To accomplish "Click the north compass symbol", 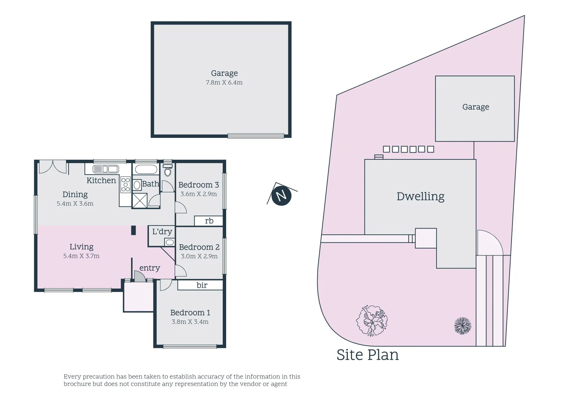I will pyautogui.click(x=281, y=195).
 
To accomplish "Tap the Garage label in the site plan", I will pyautogui.click(x=475, y=107).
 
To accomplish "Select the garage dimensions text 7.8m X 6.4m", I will pyautogui.click(x=224, y=82).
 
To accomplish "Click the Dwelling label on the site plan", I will pyautogui.click(x=420, y=196).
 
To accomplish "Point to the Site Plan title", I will pyautogui.click(x=368, y=355).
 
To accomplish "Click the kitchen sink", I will pyautogui.click(x=106, y=169).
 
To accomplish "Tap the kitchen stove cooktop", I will pyautogui.click(x=126, y=184).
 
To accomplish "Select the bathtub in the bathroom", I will pyautogui.click(x=146, y=169).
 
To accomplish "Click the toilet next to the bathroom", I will pyautogui.click(x=168, y=171).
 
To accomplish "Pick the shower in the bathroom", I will pyautogui.click(x=140, y=201).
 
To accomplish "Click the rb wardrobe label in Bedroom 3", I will pyautogui.click(x=209, y=221).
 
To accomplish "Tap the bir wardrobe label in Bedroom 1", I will pyautogui.click(x=202, y=285).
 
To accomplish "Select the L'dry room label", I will pyautogui.click(x=162, y=232).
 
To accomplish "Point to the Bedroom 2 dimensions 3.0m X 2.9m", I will pyautogui.click(x=199, y=256).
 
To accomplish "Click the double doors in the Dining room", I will pyautogui.click(x=53, y=167).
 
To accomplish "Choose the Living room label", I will pyautogui.click(x=82, y=247).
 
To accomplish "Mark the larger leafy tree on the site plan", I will pyautogui.click(x=372, y=320).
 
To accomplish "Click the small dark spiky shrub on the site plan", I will pyautogui.click(x=463, y=326).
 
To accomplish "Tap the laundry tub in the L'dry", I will pyautogui.click(x=170, y=242).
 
